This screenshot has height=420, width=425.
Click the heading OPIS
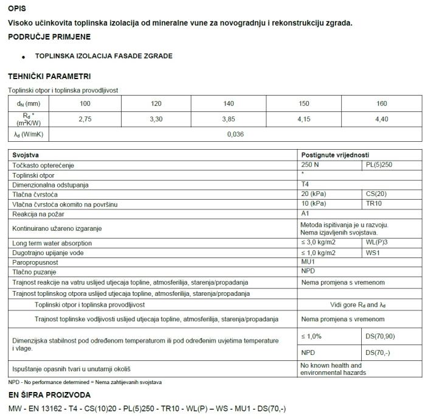pyautogui.click(x=17, y=9)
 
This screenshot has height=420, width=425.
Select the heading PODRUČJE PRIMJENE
pyautogui.click(x=49, y=37)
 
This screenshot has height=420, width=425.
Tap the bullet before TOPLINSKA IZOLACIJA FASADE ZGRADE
pyautogui.click(x=24, y=57)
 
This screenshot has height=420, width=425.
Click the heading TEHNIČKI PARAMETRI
pyautogui.click(x=49, y=77)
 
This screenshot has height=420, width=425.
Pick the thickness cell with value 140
pyautogui.click(x=229, y=103)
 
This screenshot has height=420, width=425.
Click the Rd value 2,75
pyautogui.click(x=85, y=119)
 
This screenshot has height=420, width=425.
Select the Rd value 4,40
pyautogui.click(x=382, y=119)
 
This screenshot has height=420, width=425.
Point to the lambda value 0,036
pyautogui.click(x=235, y=135)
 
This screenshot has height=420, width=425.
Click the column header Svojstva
pyautogui.click(x=26, y=155)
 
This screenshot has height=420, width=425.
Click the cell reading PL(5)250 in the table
pyautogui.click(x=380, y=165)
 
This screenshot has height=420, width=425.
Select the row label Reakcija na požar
pyautogui.click(x=39, y=214)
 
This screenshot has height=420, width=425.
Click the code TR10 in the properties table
pyautogui.click(x=374, y=204)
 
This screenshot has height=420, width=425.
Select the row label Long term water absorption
pyautogui.click(x=53, y=243)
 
